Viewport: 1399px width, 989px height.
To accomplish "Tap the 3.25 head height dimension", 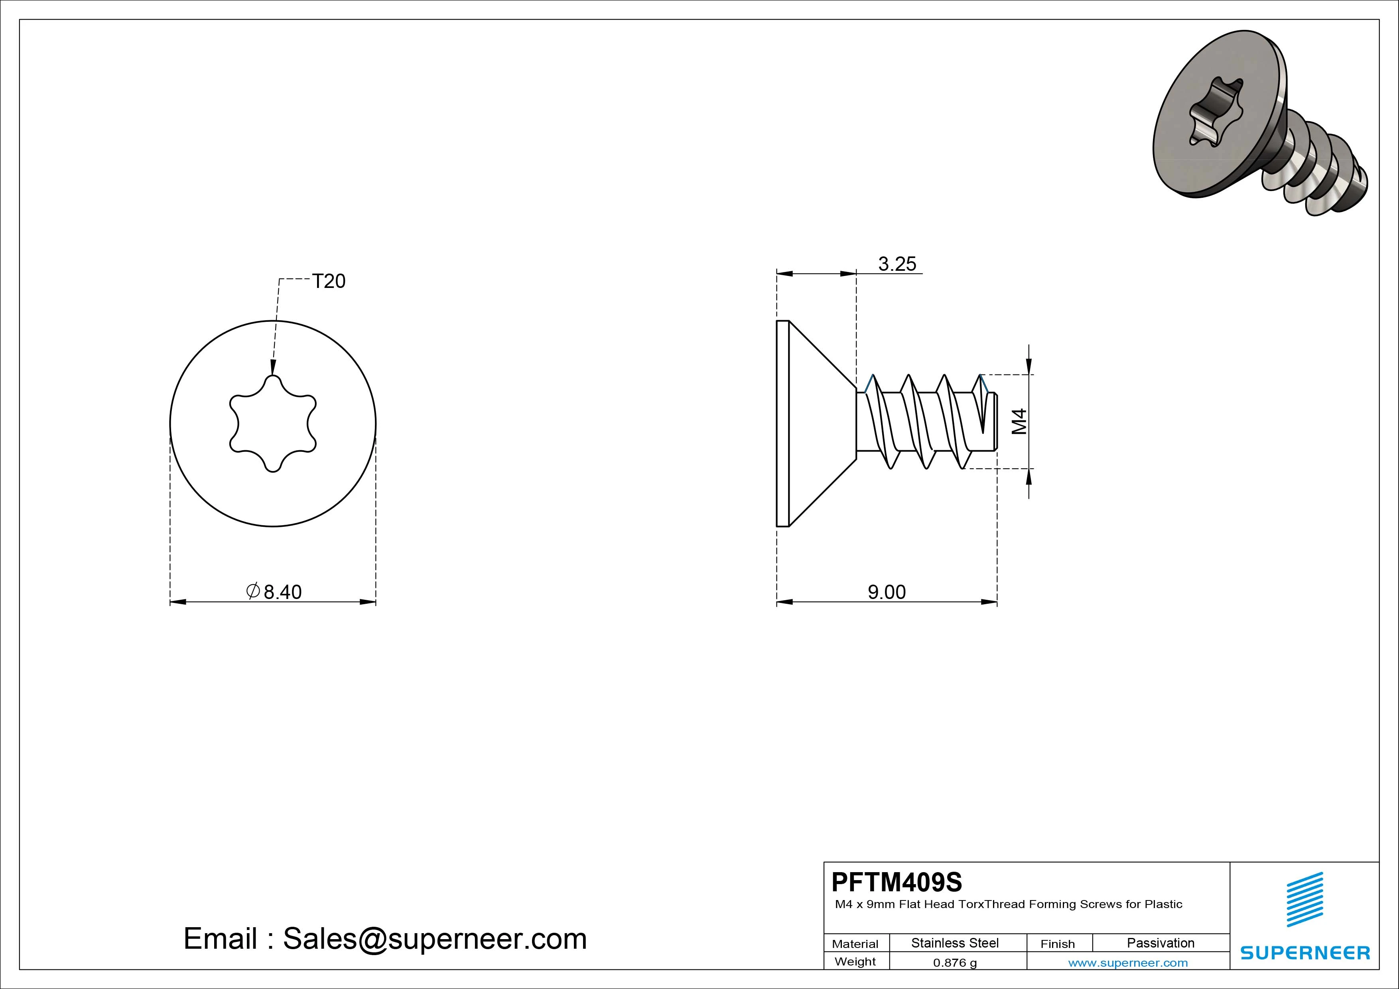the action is (x=897, y=264).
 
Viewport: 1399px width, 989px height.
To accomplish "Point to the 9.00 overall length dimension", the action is (x=887, y=592).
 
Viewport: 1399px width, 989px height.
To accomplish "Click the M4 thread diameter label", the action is (x=1019, y=421).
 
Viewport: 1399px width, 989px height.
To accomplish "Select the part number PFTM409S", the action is (x=897, y=882).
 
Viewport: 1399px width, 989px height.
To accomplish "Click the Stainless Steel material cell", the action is (x=955, y=943).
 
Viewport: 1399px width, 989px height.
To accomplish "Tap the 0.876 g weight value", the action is (x=955, y=963).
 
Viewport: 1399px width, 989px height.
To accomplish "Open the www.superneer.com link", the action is (x=1128, y=963).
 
